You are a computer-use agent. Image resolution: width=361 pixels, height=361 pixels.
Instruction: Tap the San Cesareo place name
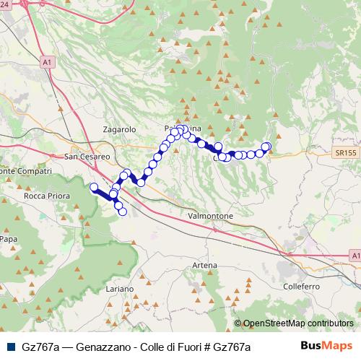tap(87, 156)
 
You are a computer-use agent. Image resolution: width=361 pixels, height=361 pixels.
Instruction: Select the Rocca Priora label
tap(45, 196)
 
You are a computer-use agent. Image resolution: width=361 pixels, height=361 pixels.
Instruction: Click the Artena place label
tap(204, 266)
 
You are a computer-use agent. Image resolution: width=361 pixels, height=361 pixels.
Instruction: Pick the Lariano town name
tap(119, 289)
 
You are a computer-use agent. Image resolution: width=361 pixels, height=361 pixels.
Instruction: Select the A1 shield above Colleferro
tap(353, 256)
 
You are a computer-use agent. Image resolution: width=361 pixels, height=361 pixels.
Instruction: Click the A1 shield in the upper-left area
tap(47, 63)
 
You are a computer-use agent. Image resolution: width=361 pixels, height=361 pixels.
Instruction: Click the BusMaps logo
tap(326, 346)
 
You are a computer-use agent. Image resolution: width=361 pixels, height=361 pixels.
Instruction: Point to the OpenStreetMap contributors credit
tap(298, 324)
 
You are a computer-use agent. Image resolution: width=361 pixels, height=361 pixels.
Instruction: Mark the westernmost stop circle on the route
tap(93, 188)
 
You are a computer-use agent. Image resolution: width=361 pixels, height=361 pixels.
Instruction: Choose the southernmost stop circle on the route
tap(123, 212)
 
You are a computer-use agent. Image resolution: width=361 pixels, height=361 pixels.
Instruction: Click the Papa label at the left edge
tap(9, 238)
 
